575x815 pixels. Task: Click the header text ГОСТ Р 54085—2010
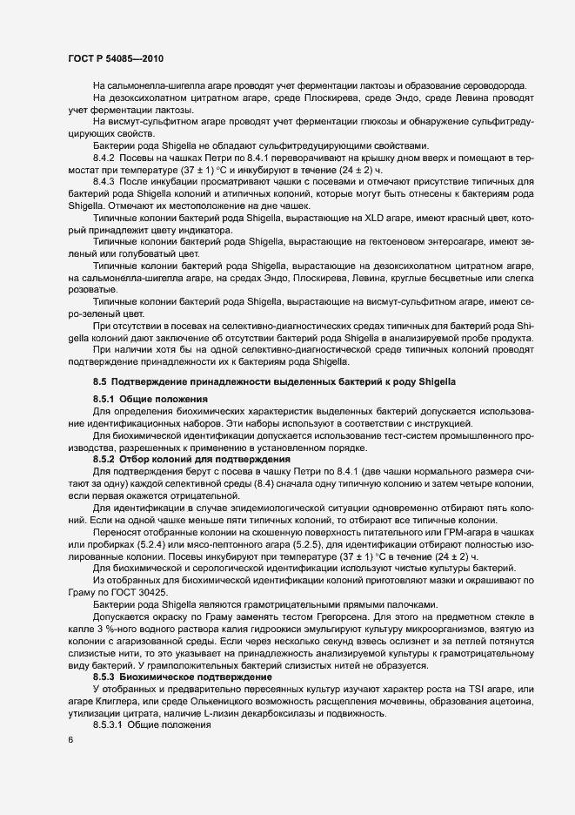point(116,58)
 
